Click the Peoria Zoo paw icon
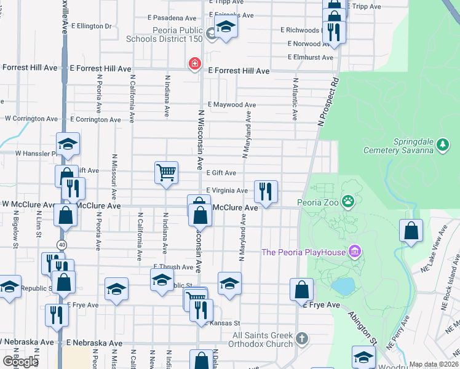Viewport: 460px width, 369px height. pos(349,200)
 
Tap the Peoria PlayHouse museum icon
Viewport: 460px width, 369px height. pos(354,252)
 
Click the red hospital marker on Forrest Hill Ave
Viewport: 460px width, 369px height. pos(195,64)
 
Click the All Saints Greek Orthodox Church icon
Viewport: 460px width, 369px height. pos(301,338)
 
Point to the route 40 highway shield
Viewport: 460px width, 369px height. pos(61,245)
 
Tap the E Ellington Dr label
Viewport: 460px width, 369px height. pos(91,26)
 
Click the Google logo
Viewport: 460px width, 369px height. pos(20,361)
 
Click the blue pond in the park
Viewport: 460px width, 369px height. pos(343,286)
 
